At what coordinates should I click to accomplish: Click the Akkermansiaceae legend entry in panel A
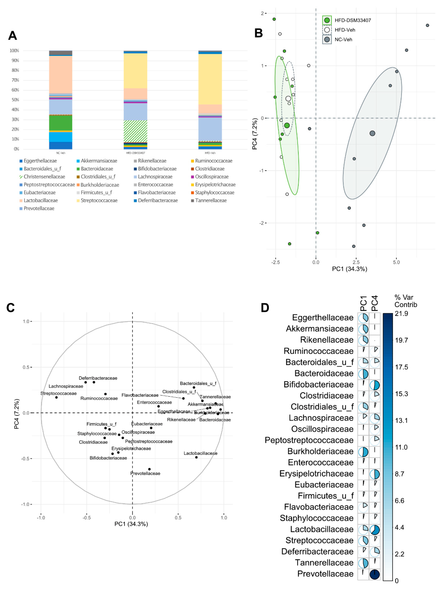pyautogui.click(x=99, y=161)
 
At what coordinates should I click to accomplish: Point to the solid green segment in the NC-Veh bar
pyautogui.click(x=61, y=123)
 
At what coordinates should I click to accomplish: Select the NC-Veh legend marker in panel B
pyautogui.click(x=327, y=39)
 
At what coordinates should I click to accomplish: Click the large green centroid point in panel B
pyautogui.click(x=287, y=125)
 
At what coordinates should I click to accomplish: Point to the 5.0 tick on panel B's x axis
pyautogui.click(x=396, y=262)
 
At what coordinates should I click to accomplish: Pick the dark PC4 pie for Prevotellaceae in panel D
pyautogui.click(x=375, y=574)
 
